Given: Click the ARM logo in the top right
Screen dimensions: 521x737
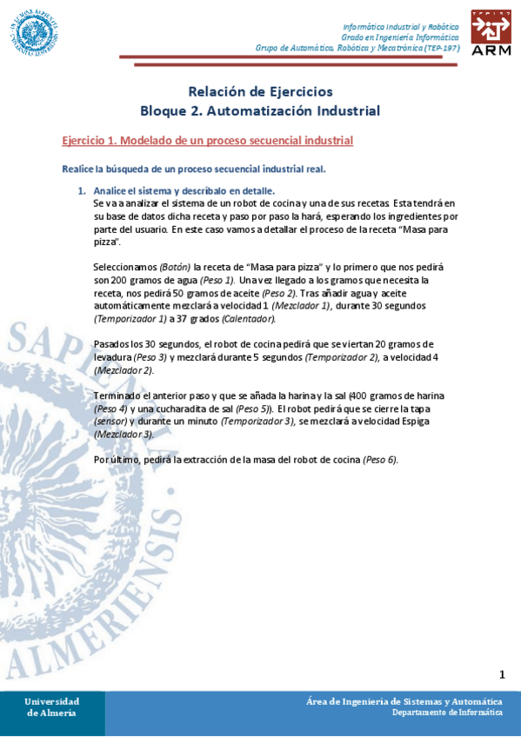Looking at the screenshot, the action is (x=491, y=33).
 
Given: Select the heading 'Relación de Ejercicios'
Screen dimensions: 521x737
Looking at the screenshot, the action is (x=260, y=92).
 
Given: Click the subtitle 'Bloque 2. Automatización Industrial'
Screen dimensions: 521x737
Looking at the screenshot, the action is (x=260, y=111).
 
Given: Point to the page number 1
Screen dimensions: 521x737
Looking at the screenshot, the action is (x=502, y=675).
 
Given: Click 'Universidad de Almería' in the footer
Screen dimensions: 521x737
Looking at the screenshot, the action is (x=51, y=707).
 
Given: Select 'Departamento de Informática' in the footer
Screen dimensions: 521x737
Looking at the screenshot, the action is (x=446, y=713).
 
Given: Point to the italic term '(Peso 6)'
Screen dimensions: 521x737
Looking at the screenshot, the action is (x=379, y=460).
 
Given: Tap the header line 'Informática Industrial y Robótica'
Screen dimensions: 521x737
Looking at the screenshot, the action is (x=401, y=27).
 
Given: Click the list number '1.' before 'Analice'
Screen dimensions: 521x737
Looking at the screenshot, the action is (x=82, y=191).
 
